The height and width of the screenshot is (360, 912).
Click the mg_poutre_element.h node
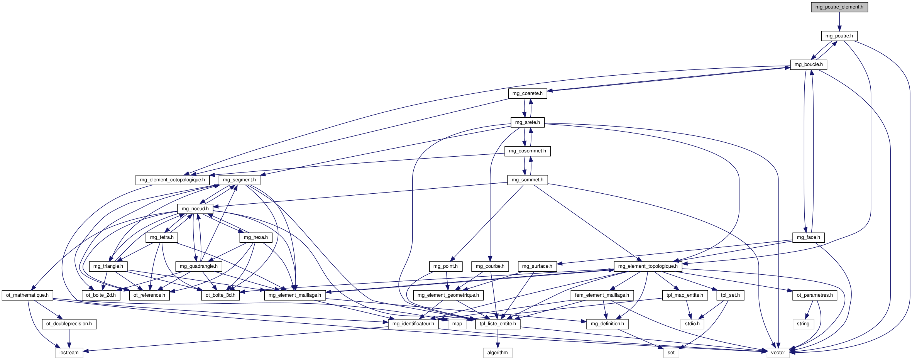coord(839,7)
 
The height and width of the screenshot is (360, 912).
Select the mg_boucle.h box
coord(809,64)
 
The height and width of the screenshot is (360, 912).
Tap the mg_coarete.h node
coord(527,93)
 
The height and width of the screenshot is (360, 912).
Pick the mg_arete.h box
coord(527,122)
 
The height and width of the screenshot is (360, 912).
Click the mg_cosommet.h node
coord(527,151)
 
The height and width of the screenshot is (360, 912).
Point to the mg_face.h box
coord(808,237)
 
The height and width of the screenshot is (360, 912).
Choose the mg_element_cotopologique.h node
coord(172,180)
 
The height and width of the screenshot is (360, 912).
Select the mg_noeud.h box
coord(195,209)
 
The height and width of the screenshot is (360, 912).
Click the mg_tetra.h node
coord(162,237)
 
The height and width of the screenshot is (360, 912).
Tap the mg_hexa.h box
coord(255,237)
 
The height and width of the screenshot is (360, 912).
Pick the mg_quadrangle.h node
coord(198,266)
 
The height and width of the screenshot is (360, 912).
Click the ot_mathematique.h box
coord(27,295)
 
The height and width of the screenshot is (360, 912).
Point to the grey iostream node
coord(69,353)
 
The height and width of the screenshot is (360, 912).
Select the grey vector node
coord(778,353)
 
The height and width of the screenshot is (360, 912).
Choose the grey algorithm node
coord(497,353)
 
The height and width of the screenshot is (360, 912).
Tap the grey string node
coord(803,324)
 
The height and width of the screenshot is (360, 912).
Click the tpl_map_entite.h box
coord(685,295)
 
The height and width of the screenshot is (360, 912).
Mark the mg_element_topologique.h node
coord(648,266)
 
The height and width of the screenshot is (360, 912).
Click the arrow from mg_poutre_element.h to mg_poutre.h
coord(839,21)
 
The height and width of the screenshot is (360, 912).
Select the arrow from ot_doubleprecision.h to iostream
coord(69,338)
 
